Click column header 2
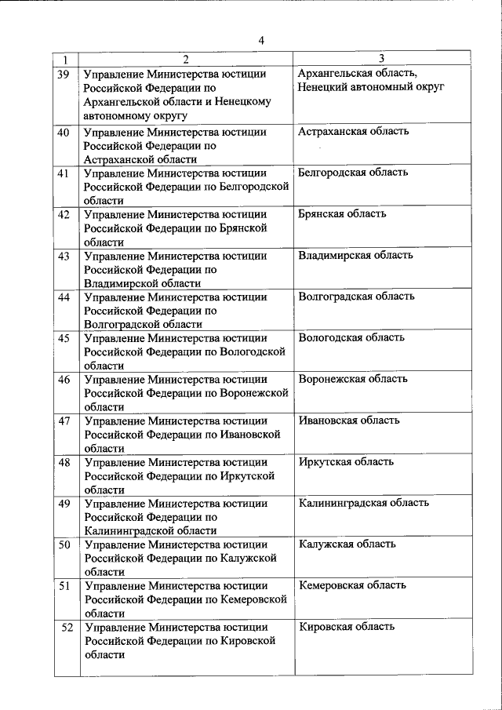185,60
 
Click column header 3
381,59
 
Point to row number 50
65,544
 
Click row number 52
67,628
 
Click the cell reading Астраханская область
354,131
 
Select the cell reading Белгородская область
353,173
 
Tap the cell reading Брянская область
342,214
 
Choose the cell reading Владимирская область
356,255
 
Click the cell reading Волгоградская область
357,297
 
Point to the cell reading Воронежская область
353,379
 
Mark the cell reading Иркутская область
346,461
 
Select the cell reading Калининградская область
364,503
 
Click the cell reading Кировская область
347,627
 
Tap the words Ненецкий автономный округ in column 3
372,86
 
